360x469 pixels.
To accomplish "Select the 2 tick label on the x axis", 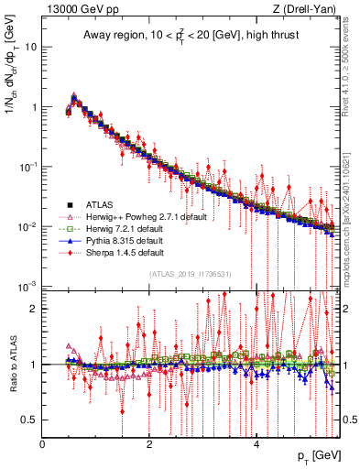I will (149, 443).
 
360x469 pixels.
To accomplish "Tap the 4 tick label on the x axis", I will (256, 443).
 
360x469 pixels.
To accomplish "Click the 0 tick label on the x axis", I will (42, 443).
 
